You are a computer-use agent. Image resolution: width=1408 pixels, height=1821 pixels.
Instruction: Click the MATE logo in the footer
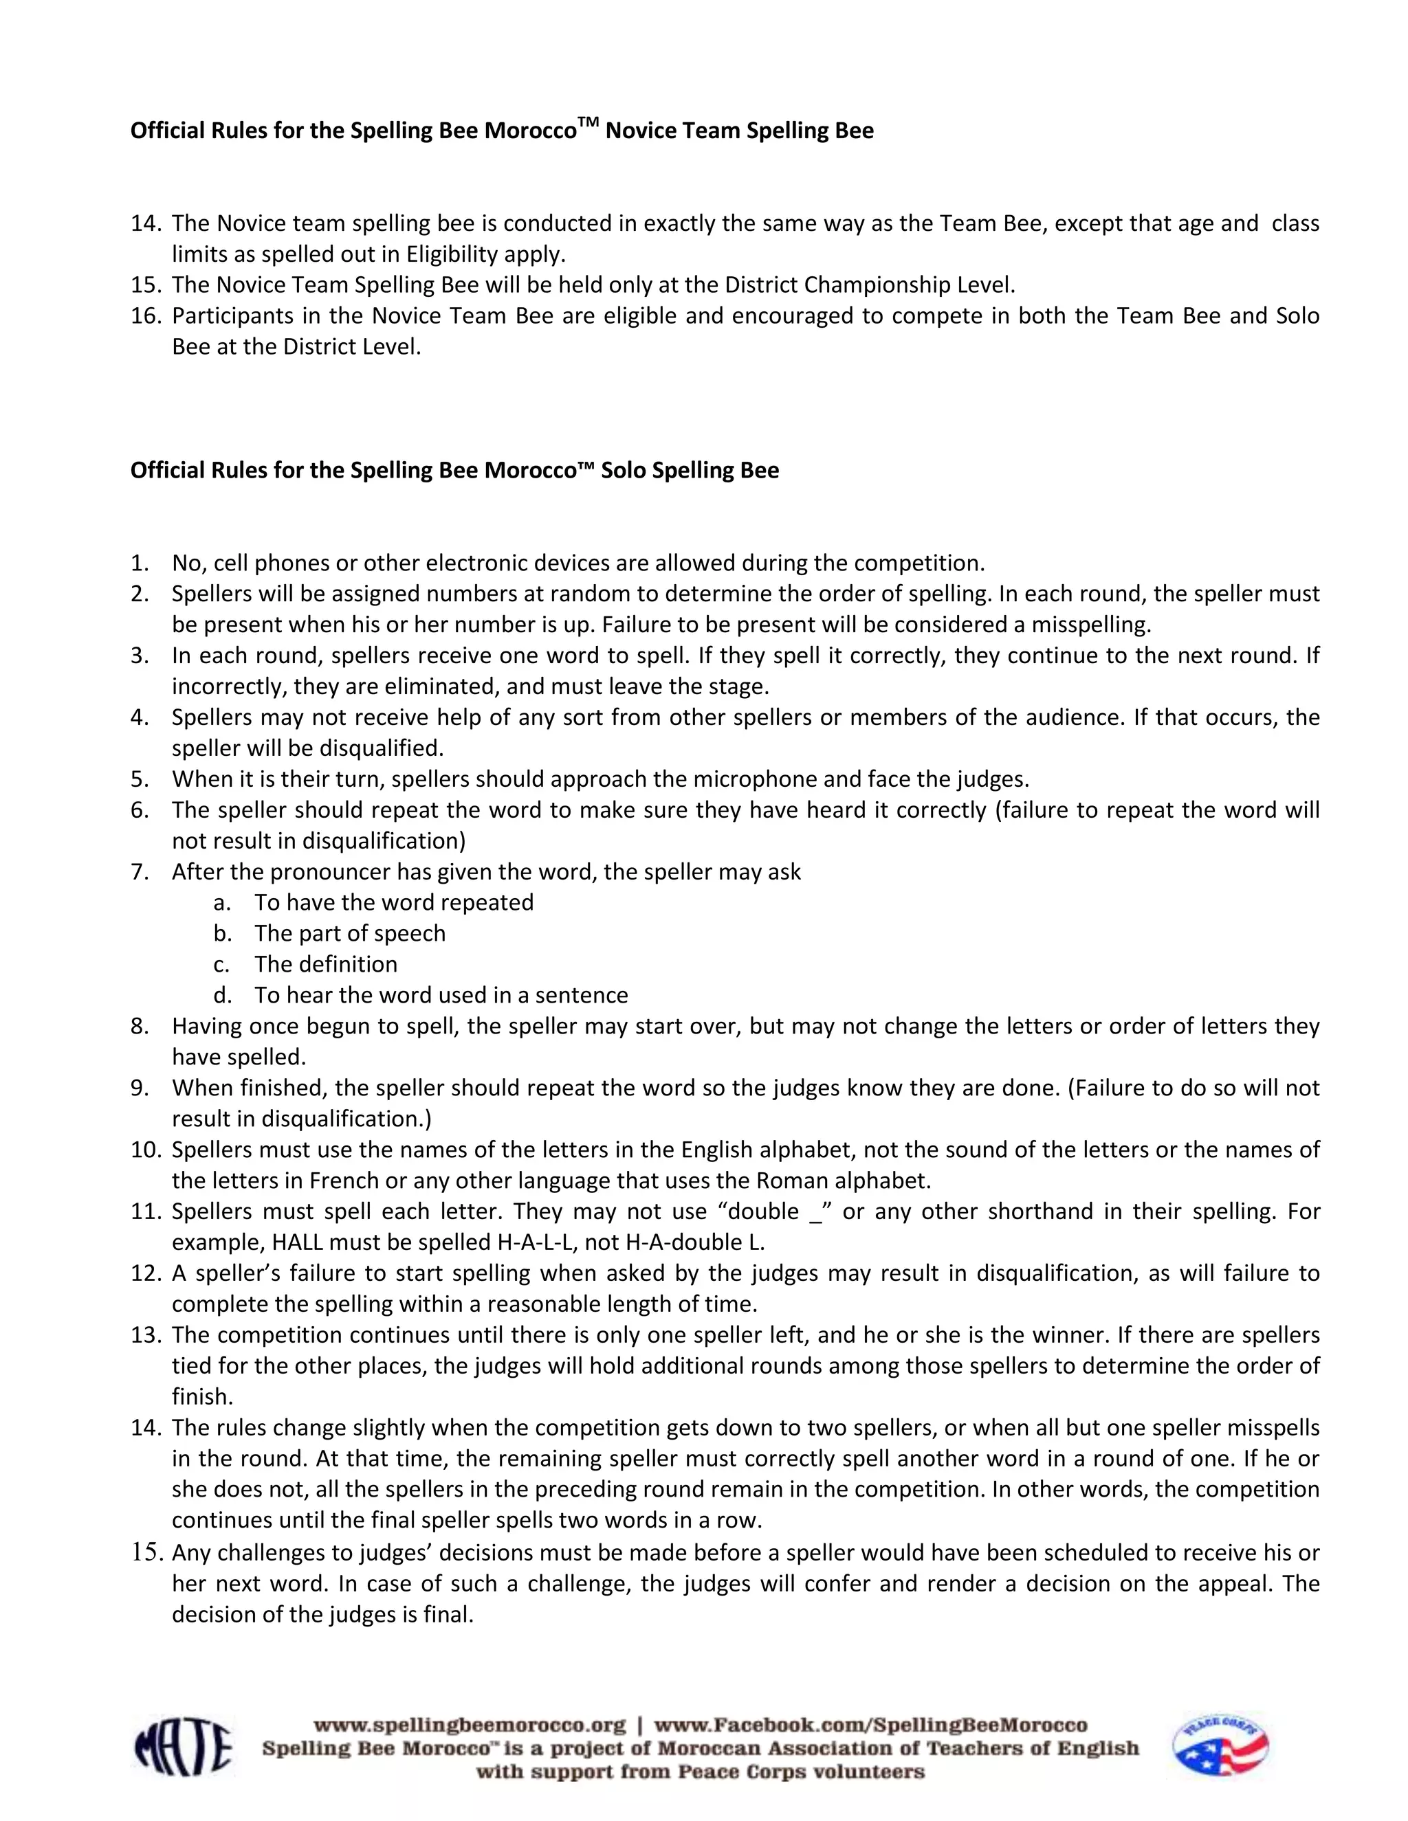(183, 1747)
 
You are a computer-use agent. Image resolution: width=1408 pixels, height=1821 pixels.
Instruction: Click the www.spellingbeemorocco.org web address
(469, 1724)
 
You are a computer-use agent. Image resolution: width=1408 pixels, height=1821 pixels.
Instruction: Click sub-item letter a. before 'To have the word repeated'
(221, 903)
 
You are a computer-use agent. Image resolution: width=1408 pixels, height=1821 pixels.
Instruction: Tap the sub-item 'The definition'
(325, 965)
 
